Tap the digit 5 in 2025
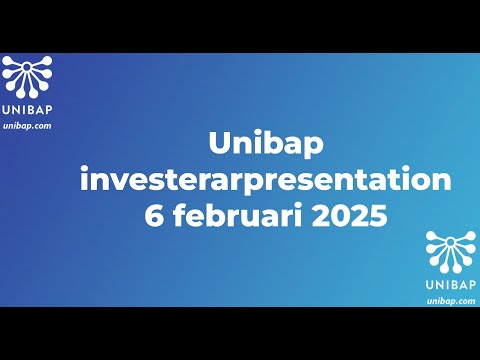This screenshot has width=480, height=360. click(x=375, y=216)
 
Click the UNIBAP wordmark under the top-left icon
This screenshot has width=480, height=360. click(x=27, y=111)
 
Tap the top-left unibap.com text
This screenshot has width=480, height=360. click(x=27, y=125)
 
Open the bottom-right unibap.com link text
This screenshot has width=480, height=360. click(x=451, y=300)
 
